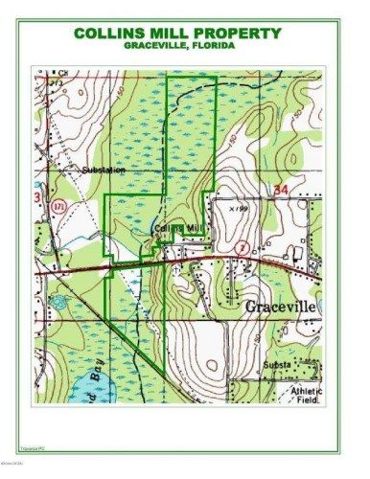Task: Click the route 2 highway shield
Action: (242, 247)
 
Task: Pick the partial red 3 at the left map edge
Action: (36, 197)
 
